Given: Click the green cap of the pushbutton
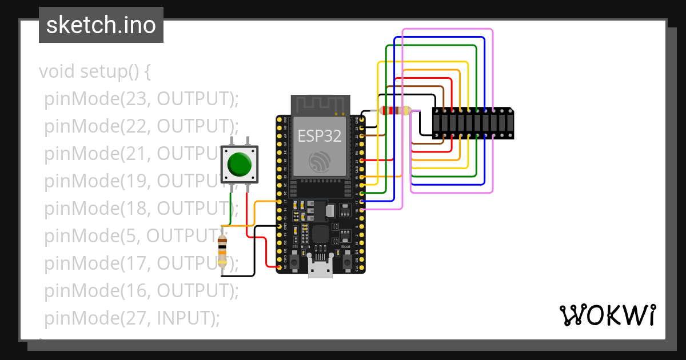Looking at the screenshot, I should (239, 164).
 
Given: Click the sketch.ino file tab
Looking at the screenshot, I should (101, 25).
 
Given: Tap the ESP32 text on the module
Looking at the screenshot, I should (319, 136).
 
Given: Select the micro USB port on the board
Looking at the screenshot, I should (320, 269).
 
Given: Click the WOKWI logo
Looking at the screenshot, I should (607, 315).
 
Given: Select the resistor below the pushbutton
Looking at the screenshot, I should (222, 252).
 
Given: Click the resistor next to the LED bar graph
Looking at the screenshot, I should (394, 111).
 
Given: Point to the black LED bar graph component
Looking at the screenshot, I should (473, 123).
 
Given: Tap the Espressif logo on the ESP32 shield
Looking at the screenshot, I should (319, 162).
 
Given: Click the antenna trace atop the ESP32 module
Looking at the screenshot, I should (320, 105).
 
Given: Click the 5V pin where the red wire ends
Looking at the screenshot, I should (280, 267).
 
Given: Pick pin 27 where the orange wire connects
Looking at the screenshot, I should (280, 202).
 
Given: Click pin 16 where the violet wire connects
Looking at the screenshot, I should (361, 211).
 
